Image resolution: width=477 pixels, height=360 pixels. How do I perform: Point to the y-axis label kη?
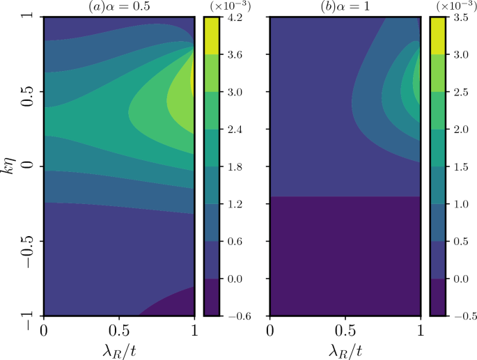(x=8, y=166)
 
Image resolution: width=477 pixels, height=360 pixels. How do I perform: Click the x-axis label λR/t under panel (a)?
(x=118, y=347)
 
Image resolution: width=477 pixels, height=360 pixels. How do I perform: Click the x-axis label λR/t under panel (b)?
(x=345, y=347)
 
